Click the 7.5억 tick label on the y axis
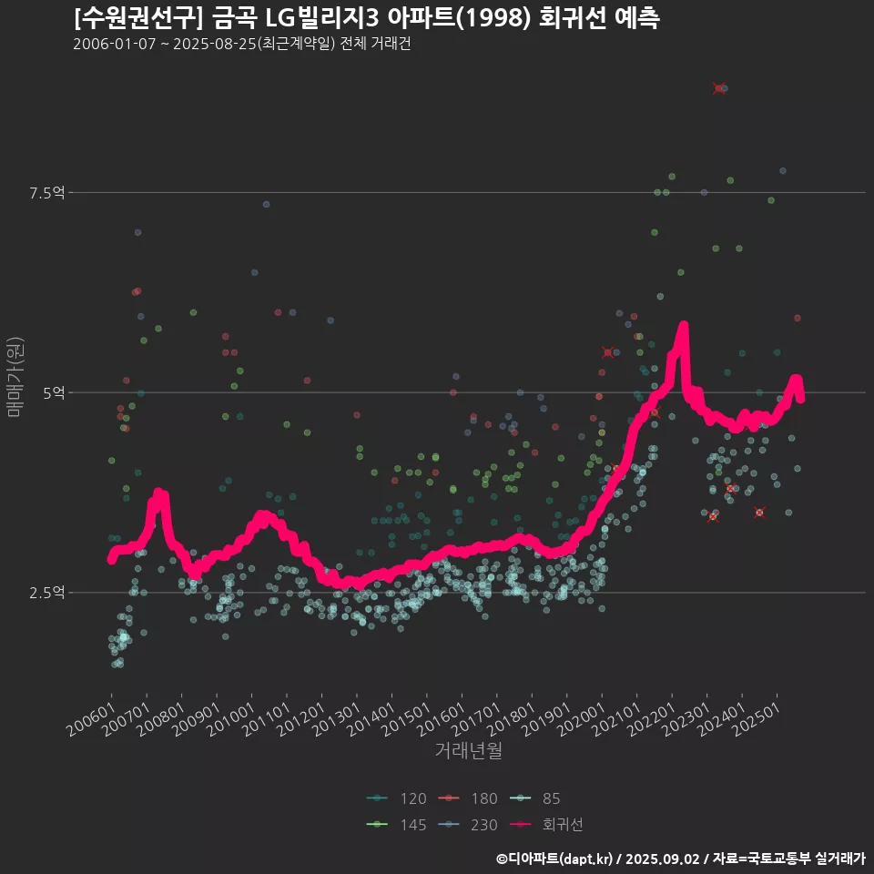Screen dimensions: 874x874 click(47, 193)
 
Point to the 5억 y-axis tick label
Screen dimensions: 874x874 click(53, 392)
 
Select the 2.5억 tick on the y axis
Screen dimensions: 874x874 click(47, 593)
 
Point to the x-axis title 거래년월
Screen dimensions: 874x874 click(469, 750)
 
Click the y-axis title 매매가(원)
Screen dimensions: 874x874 click(15, 377)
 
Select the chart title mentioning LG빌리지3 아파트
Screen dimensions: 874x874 click(366, 17)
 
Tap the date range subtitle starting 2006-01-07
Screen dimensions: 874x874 click(242, 44)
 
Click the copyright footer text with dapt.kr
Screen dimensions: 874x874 click(680, 859)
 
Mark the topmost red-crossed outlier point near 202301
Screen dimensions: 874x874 click(719, 88)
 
